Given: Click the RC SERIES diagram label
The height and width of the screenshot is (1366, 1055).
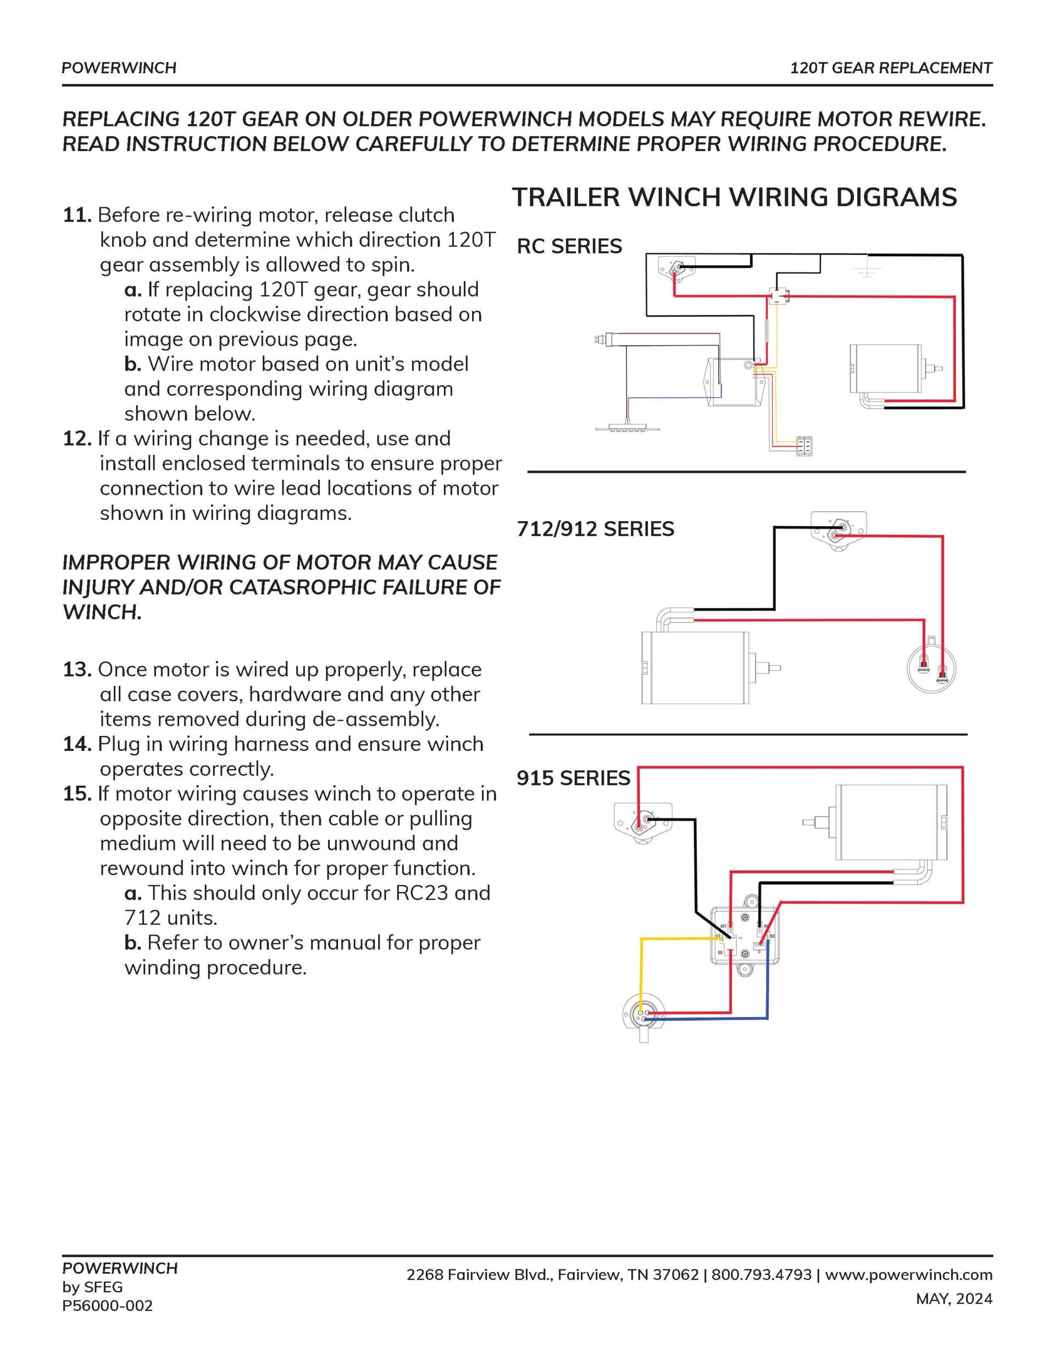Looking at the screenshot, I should [x=569, y=246].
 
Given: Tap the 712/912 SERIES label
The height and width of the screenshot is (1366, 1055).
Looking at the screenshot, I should [x=595, y=529].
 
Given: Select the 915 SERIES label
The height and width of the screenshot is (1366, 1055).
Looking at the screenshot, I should [x=573, y=778].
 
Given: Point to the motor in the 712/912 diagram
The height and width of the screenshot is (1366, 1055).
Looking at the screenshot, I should [x=696, y=667].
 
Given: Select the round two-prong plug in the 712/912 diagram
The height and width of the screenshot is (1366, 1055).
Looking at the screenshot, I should [x=932, y=669].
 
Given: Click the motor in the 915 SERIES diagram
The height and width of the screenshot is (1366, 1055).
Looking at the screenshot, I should [x=889, y=822].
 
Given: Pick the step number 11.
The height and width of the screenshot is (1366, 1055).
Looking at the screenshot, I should [x=77, y=215].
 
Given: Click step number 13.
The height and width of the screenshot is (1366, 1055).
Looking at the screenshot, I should [x=77, y=670].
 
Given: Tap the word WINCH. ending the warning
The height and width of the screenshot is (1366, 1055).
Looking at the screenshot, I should [x=102, y=612].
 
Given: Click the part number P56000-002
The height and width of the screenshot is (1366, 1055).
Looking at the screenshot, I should [x=107, y=1306].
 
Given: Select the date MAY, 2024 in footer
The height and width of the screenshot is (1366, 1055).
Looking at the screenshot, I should [x=954, y=1299].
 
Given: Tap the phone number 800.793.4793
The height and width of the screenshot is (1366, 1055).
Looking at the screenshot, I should [x=761, y=1275].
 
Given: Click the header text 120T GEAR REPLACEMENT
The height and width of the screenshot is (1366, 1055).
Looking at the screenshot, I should [x=891, y=68].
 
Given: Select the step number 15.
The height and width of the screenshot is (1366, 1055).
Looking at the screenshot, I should [x=77, y=794].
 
